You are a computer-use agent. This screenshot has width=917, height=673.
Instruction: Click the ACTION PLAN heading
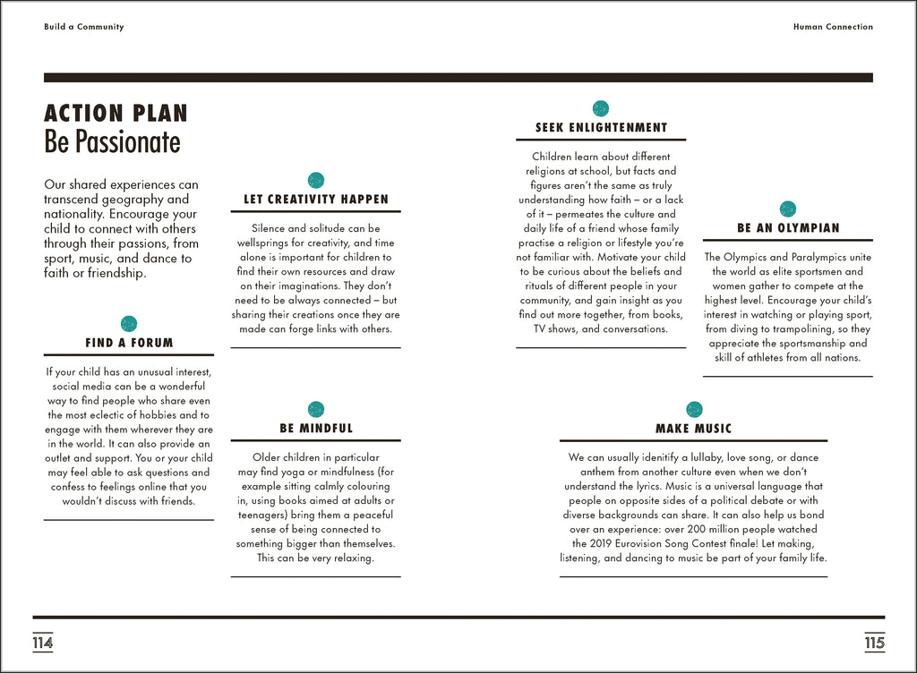pyautogui.click(x=116, y=114)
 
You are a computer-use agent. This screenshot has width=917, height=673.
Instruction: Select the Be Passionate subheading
pyautogui.click(x=112, y=142)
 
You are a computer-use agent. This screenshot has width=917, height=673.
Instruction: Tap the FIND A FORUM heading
pyautogui.click(x=129, y=343)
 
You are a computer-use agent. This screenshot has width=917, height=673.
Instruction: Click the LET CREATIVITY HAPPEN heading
pyautogui.click(x=316, y=200)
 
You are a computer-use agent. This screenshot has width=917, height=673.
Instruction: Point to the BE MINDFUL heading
pyautogui.click(x=316, y=429)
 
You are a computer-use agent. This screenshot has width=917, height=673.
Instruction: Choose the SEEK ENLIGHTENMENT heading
pyautogui.click(x=601, y=128)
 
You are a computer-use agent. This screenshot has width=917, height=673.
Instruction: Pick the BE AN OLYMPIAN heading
pyautogui.click(x=788, y=228)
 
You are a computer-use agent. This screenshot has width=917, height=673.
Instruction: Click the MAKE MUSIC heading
pyautogui.click(x=693, y=429)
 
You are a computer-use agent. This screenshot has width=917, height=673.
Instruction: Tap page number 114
pyautogui.click(x=43, y=643)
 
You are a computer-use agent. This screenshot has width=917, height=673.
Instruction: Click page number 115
pyautogui.click(x=874, y=643)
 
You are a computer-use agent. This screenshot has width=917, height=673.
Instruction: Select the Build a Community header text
pyautogui.click(x=84, y=27)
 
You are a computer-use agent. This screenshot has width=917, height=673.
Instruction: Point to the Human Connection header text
pyautogui.click(x=833, y=27)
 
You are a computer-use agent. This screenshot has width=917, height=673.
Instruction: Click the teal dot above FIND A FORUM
pyautogui.click(x=129, y=324)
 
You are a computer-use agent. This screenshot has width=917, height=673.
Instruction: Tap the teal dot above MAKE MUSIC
pyautogui.click(x=694, y=409)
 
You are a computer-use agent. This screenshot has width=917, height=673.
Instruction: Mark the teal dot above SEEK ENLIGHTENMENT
pyautogui.click(x=601, y=108)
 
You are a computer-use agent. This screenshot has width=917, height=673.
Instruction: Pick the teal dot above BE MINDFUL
pyautogui.click(x=316, y=409)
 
